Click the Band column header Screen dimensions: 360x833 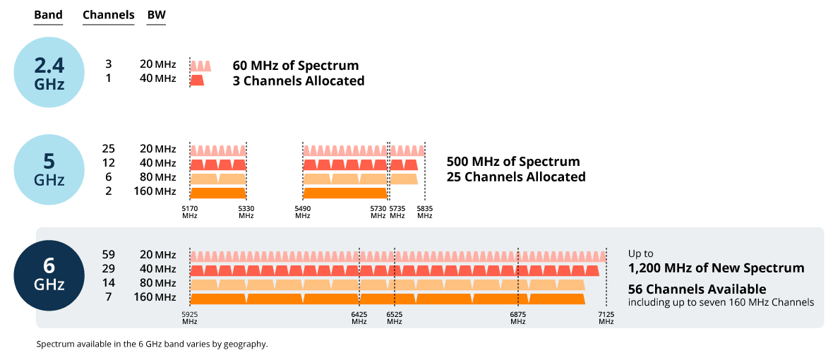coord(48,15)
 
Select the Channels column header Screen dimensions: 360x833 coord(108,15)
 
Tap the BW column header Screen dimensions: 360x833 coord(156,15)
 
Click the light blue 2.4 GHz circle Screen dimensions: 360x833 coord(49,73)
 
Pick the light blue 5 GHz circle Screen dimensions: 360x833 coord(49,169)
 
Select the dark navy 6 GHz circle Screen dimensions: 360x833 coord(49,275)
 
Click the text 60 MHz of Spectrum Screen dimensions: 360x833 coord(295,66)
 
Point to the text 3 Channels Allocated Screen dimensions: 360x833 coord(298,81)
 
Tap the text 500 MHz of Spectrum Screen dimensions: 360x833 coord(513,162)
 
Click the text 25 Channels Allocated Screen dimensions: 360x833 coord(516,176)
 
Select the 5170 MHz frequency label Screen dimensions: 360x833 coord(190,212)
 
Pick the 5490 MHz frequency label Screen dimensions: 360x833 coord(303,212)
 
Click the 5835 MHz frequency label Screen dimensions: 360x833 coord(424,212)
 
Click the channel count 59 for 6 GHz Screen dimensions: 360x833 coord(109,254)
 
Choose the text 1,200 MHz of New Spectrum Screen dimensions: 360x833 coord(716,268)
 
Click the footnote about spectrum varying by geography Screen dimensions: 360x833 coord(152,344)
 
